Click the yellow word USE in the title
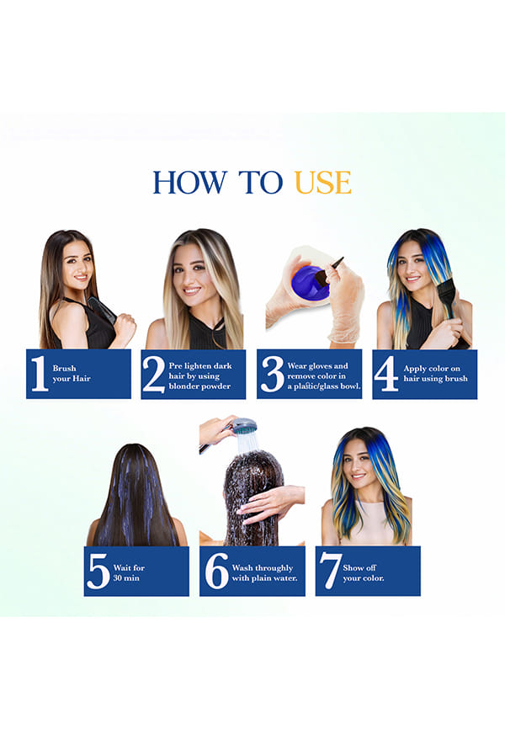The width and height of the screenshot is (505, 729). point(322,182)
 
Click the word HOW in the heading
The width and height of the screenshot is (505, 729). point(190,182)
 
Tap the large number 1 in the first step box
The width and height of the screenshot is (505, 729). point(40,373)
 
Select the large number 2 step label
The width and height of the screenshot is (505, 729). point(154,374)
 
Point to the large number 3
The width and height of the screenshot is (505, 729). point(272,374)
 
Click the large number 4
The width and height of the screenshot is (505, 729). point(386,374)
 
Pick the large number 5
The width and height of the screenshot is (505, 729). point(98,572)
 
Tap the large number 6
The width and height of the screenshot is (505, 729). point(216,571)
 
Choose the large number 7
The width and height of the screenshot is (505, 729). point(331,572)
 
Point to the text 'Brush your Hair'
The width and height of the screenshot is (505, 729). point(72,373)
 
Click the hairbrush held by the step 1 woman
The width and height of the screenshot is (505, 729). point(102,309)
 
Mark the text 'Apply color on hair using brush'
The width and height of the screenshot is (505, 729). point(435,373)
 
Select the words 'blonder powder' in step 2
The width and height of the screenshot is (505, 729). point(199,386)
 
